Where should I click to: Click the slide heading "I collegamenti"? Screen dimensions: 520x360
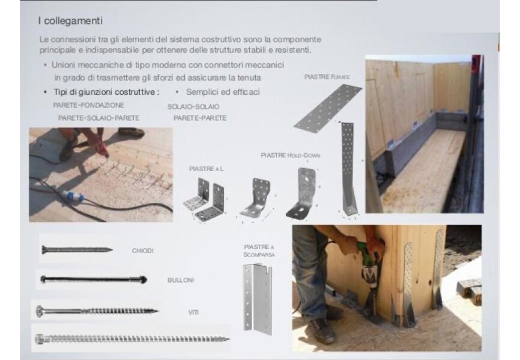pyautogui.click(x=70, y=21)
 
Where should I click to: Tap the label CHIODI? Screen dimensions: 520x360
pyautogui.click(x=142, y=251)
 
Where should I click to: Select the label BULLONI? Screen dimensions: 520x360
pyautogui.click(x=181, y=280)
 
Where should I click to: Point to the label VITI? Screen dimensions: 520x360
pyautogui.click(x=193, y=312)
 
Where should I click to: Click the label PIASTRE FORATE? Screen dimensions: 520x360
pyautogui.click(x=327, y=77)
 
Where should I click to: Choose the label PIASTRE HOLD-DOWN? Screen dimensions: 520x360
pyautogui.click(x=291, y=155)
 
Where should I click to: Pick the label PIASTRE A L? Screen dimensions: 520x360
pyautogui.click(x=207, y=169)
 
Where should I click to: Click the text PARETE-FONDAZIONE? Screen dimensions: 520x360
pyautogui.click(x=88, y=105)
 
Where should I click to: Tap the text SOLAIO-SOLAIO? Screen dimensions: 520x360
pyautogui.click(x=193, y=106)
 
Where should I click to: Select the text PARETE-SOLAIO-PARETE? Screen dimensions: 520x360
pyautogui.click(x=98, y=118)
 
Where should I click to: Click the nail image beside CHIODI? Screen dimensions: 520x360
pyautogui.click(x=77, y=250)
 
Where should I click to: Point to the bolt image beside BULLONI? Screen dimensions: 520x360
pyautogui.click(x=94, y=280)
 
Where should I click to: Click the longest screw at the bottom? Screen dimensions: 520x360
pyautogui.click(x=132, y=339)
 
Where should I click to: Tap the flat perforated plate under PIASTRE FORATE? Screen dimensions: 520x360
pyautogui.click(x=328, y=109)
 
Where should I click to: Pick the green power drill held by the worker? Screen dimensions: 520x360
pyautogui.click(x=369, y=268)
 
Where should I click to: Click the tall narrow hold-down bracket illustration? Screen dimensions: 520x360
pyautogui.click(x=348, y=169)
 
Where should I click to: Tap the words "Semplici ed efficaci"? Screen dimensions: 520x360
pyautogui.click(x=223, y=92)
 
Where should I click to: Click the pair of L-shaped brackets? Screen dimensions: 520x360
pyautogui.click(x=205, y=200)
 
